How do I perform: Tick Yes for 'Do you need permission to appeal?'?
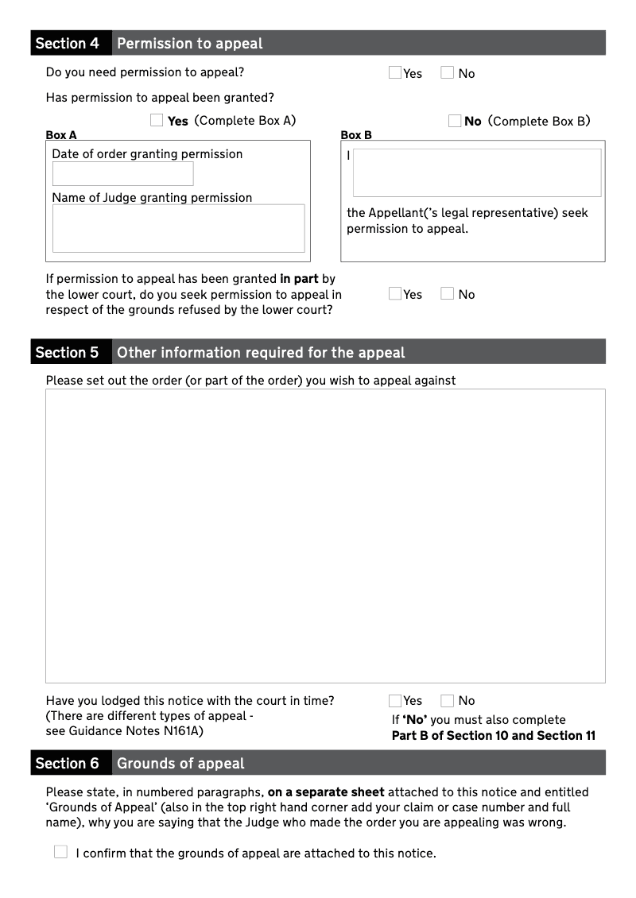[395, 73]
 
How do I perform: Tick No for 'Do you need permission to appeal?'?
[448, 73]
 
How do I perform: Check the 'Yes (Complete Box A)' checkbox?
[157, 121]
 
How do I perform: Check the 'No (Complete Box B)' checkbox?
[455, 121]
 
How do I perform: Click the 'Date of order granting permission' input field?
[123, 174]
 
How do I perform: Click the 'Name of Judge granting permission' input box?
[179, 228]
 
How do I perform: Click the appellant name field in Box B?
[477, 172]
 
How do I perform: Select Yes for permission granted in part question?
[395, 294]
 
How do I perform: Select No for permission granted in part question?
[448, 294]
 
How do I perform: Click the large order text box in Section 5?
[325, 536]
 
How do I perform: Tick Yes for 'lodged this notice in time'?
[395, 701]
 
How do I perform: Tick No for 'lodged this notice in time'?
[448, 701]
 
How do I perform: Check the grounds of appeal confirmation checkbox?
[61, 853]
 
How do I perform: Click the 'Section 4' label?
[68, 44]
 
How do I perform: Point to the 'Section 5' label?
[68, 353]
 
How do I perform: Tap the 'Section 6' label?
[68, 764]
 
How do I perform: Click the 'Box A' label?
[61, 135]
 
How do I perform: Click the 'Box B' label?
[356, 135]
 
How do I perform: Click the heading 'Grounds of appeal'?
[180, 764]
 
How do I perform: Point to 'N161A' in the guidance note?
[184, 731]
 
